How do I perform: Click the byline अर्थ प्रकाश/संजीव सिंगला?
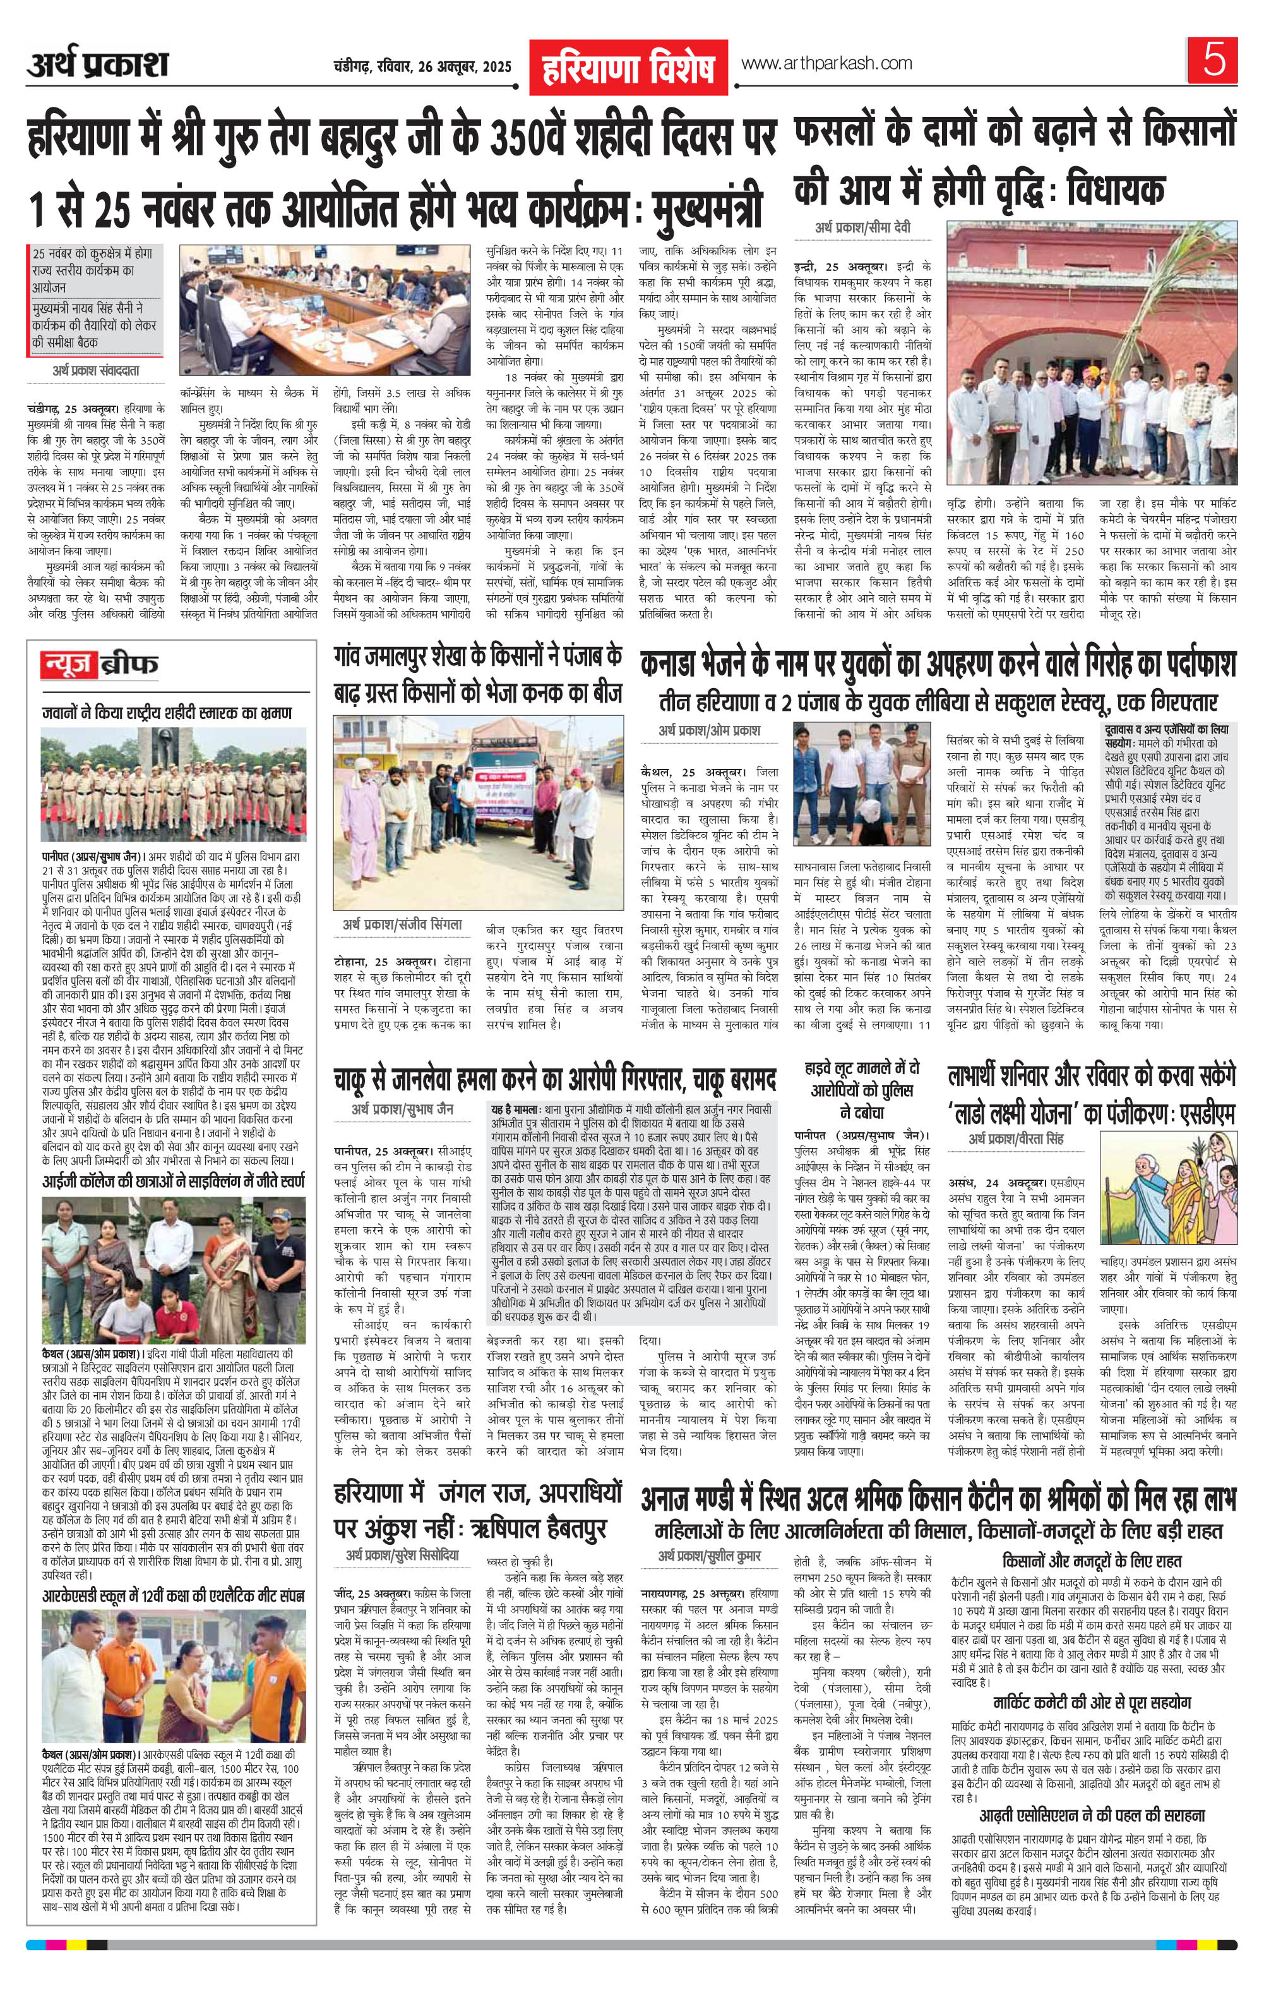[x=402, y=924]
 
